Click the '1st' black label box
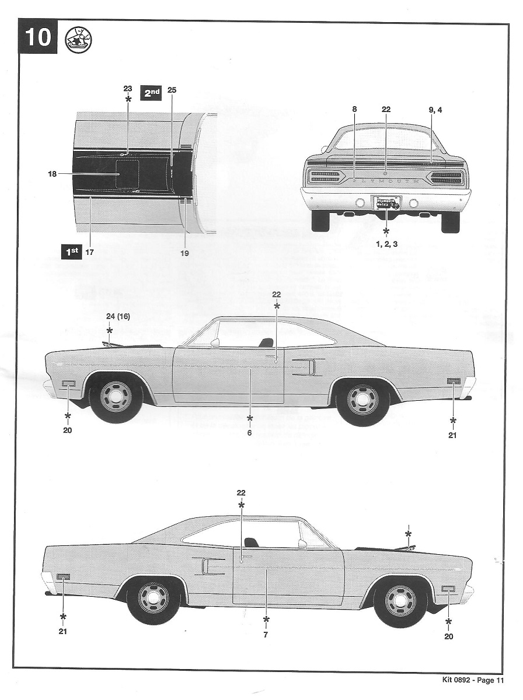(x=72, y=251)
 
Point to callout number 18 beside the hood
(x=52, y=173)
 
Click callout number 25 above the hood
(x=172, y=90)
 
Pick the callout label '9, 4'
(x=435, y=109)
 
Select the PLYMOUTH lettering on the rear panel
(x=386, y=181)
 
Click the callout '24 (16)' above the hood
(x=117, y=316)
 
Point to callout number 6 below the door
(x=249, y=433)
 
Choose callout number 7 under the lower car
(x=266, y=635)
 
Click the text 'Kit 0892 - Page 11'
(x=469, y=680)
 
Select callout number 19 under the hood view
(x=185, y=253)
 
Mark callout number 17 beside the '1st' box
(x=89, y=252)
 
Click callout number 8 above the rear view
(x=354, y=109)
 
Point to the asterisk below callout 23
(x=128, y=100)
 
